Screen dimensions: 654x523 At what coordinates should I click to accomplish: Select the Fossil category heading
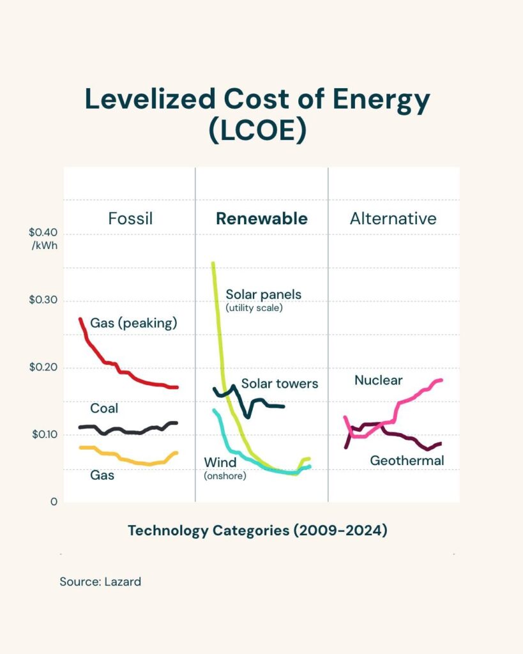point(130,218)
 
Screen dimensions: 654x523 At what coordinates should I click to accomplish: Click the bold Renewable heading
point(261,218)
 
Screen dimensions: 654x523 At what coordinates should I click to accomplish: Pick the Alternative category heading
point(393,218)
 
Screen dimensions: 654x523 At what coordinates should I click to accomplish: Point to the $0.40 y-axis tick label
point(43,232)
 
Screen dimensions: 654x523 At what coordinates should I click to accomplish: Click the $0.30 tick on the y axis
point(43,300)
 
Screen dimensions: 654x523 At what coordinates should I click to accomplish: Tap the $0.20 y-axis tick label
point(43,367)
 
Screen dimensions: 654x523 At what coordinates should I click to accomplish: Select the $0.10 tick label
point(43,434)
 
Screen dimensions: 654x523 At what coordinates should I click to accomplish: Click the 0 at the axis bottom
point(54,502)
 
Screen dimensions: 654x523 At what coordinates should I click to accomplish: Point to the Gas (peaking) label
point(133,323)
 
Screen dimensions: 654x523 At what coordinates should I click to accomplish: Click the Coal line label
point(103,408)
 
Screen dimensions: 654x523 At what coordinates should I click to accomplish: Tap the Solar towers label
point(280,384)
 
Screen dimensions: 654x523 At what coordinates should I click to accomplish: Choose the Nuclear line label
point(379,381)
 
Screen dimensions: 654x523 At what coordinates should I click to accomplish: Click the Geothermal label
point(407,460)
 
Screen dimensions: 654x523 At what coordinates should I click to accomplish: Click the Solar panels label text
point(263,294)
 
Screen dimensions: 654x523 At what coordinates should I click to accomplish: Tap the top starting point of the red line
point(80,319)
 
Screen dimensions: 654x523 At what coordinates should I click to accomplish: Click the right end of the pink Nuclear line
point(441,381)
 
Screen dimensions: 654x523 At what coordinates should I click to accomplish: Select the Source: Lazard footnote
point(100,582)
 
